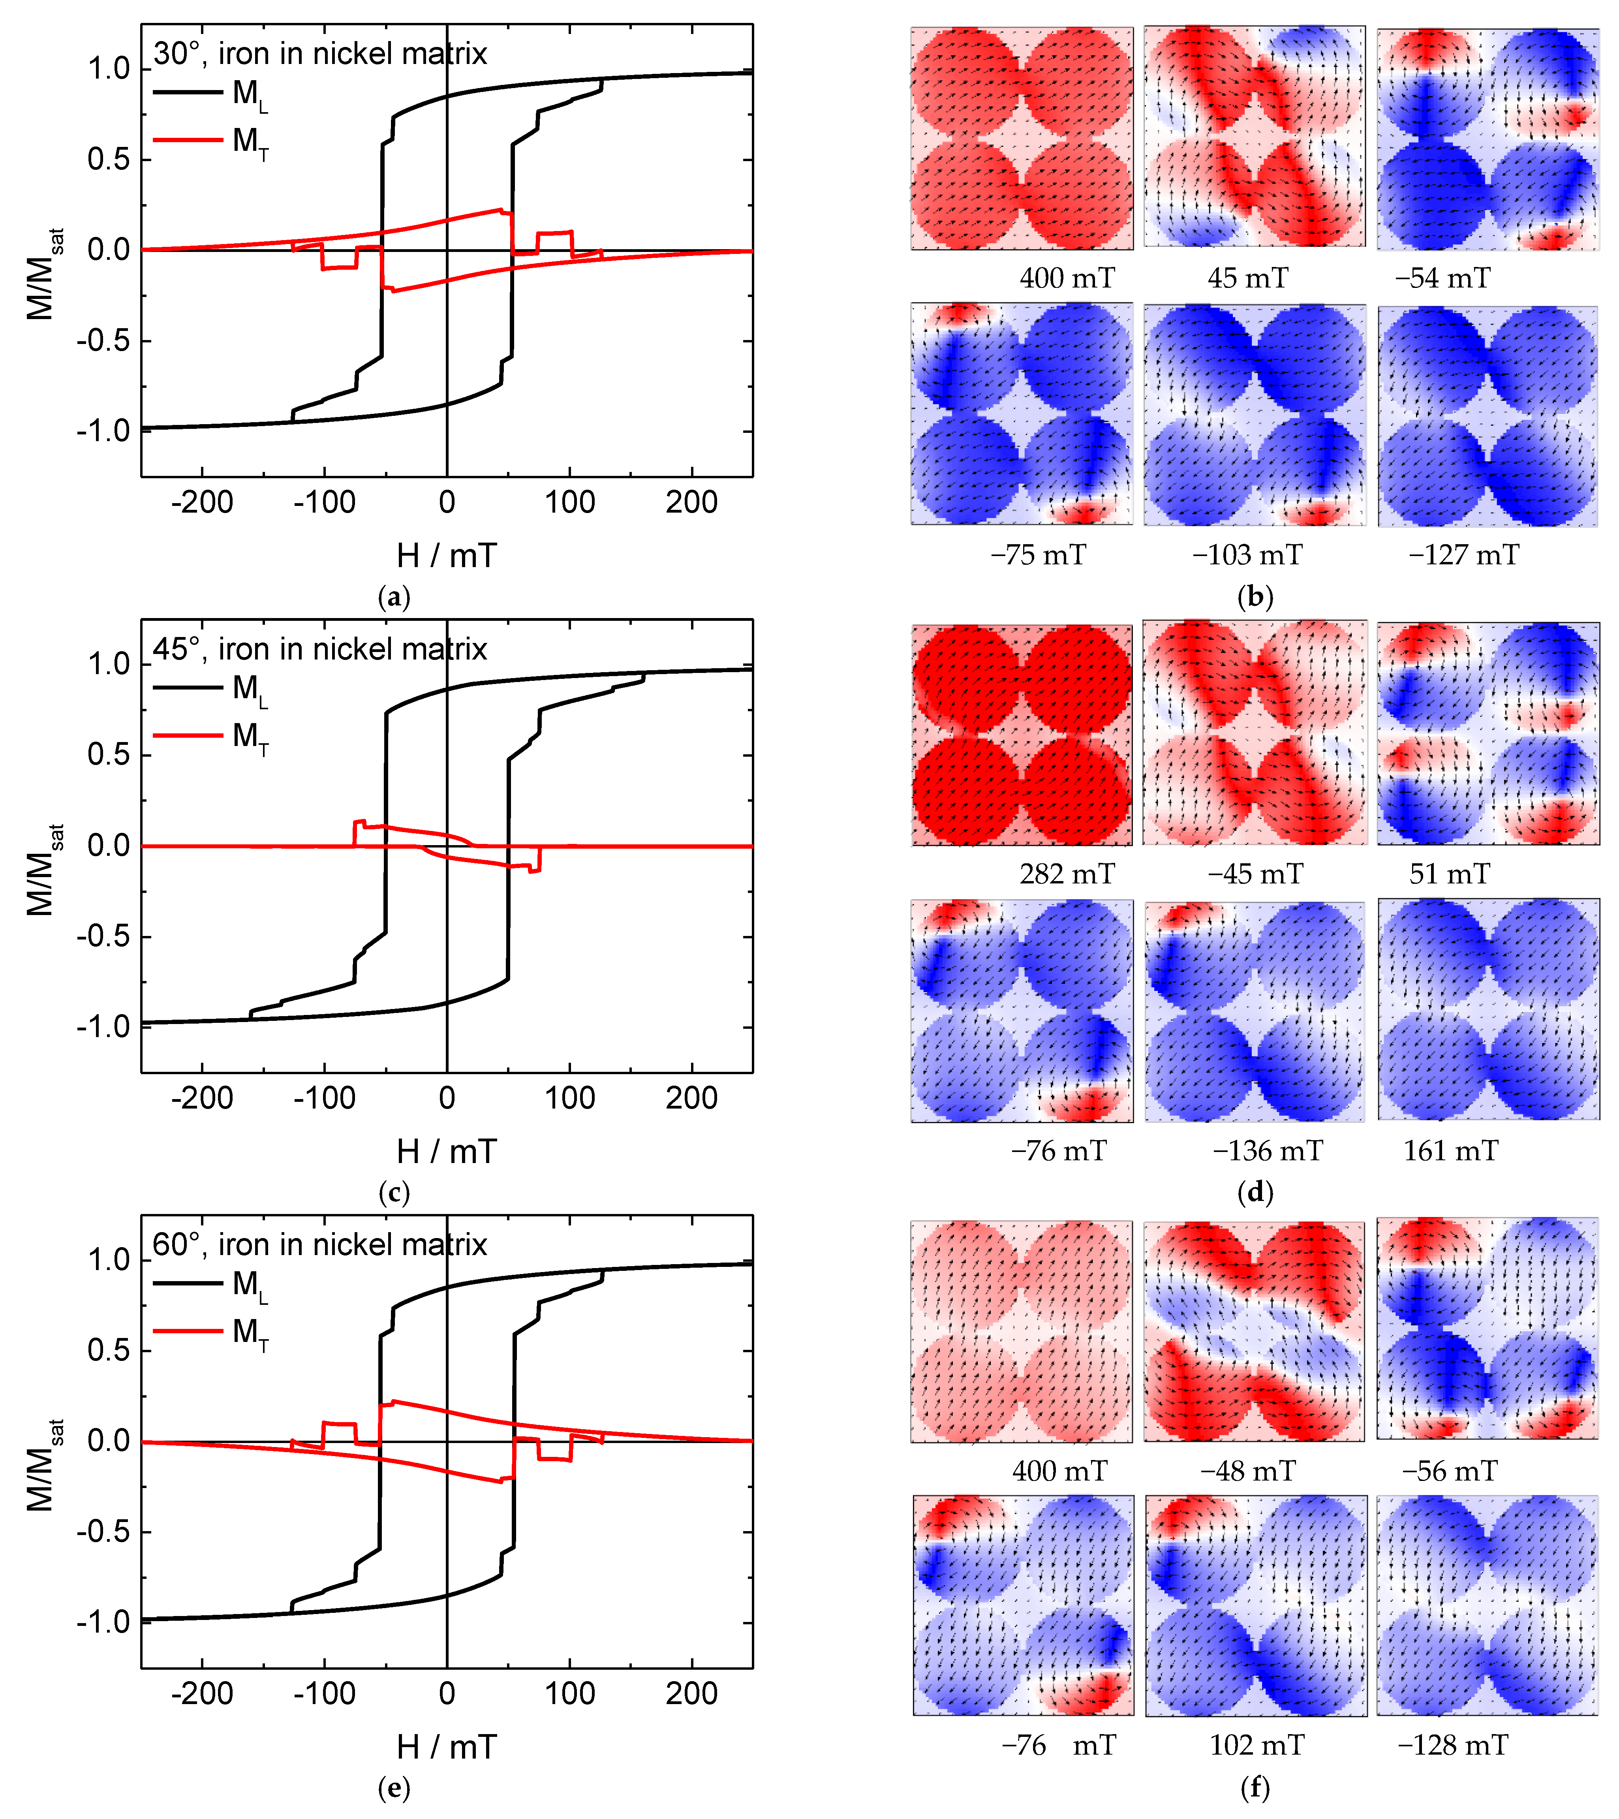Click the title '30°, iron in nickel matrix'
pyautogui.click(x=319, y=54)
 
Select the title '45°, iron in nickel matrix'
pyautogui.click(x=319, y=650)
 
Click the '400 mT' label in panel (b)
pyautogui.click(x=1066, y=278)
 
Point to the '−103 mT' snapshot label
pyautogui.click(x=1247, y=555)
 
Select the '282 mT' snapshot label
pyautogui.click(x=1066, y=874)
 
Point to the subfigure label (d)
pyautogui.click(x=1255, y=1191)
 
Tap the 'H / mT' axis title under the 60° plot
pyautogui.click(x=447, y=1748)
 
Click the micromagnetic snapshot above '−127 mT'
pyautogui.click(x=1487, y=415)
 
